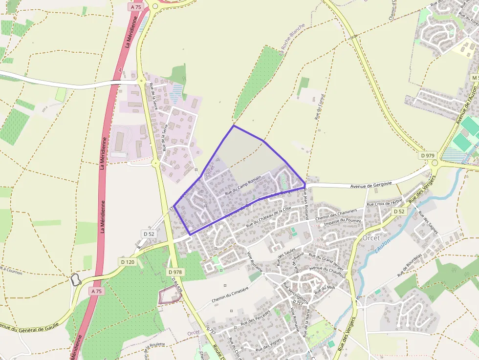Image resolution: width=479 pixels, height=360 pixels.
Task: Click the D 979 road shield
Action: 428,155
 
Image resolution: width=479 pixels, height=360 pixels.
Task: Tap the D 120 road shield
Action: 128,262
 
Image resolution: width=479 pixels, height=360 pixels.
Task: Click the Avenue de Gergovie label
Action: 372,186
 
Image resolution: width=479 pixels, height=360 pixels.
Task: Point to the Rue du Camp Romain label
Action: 243,186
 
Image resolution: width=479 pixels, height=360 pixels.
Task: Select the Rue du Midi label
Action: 325,288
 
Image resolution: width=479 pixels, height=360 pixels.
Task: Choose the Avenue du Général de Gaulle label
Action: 29,325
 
